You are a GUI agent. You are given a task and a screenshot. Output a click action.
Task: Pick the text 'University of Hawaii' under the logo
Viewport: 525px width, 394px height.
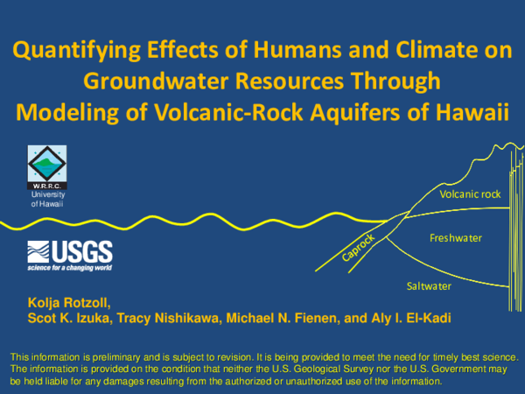coord(47,199)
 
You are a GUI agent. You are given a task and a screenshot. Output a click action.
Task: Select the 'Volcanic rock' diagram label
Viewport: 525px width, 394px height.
coord(470,194)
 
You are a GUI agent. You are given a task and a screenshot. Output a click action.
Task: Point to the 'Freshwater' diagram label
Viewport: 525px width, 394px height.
coord(456,238)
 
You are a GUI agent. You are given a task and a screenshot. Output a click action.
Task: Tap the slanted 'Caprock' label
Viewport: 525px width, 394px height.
coord(358,248)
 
